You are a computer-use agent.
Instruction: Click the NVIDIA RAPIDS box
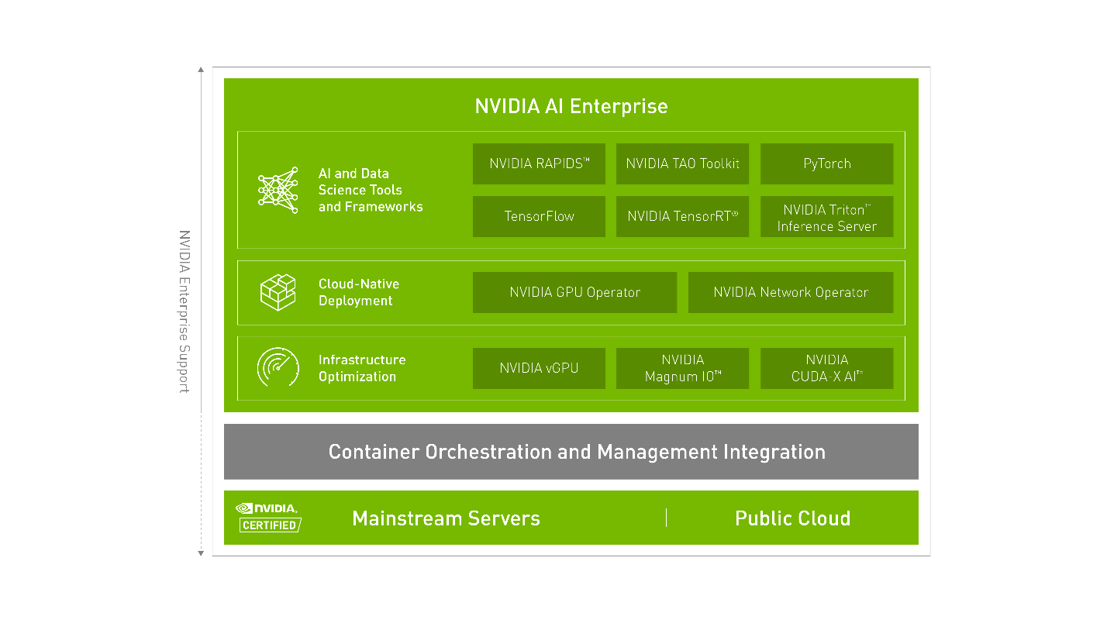[x=539, y=163]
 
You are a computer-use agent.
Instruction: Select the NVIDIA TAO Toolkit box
[x=682, y=163]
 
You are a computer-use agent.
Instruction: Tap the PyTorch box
[x=826, y=163]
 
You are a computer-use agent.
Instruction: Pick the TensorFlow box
[x=539, y=216]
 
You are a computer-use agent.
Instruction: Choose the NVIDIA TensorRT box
[x=682, y=216]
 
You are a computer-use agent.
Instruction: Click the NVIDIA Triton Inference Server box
[x=826, y=217]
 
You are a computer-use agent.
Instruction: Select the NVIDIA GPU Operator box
[x=574, y=292]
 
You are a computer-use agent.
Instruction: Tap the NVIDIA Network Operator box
[x=790, y=292]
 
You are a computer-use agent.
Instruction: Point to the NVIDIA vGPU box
[x=539, y=368]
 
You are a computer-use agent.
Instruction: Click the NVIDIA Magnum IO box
[x=682, y=368]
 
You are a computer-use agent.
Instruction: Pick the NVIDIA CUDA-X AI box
[x=826, y=368]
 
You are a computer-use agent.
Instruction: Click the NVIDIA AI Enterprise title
[x=571, y=106]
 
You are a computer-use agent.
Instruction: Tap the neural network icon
[x=278, y=190]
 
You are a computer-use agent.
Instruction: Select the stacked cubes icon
[x=278, y=292]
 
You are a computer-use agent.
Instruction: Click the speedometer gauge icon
[x=278, y=368]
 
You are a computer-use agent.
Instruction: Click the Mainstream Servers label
[x=446, y=518]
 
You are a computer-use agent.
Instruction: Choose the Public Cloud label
[x=792, y=518]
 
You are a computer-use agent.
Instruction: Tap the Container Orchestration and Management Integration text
[x=577, y=452]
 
